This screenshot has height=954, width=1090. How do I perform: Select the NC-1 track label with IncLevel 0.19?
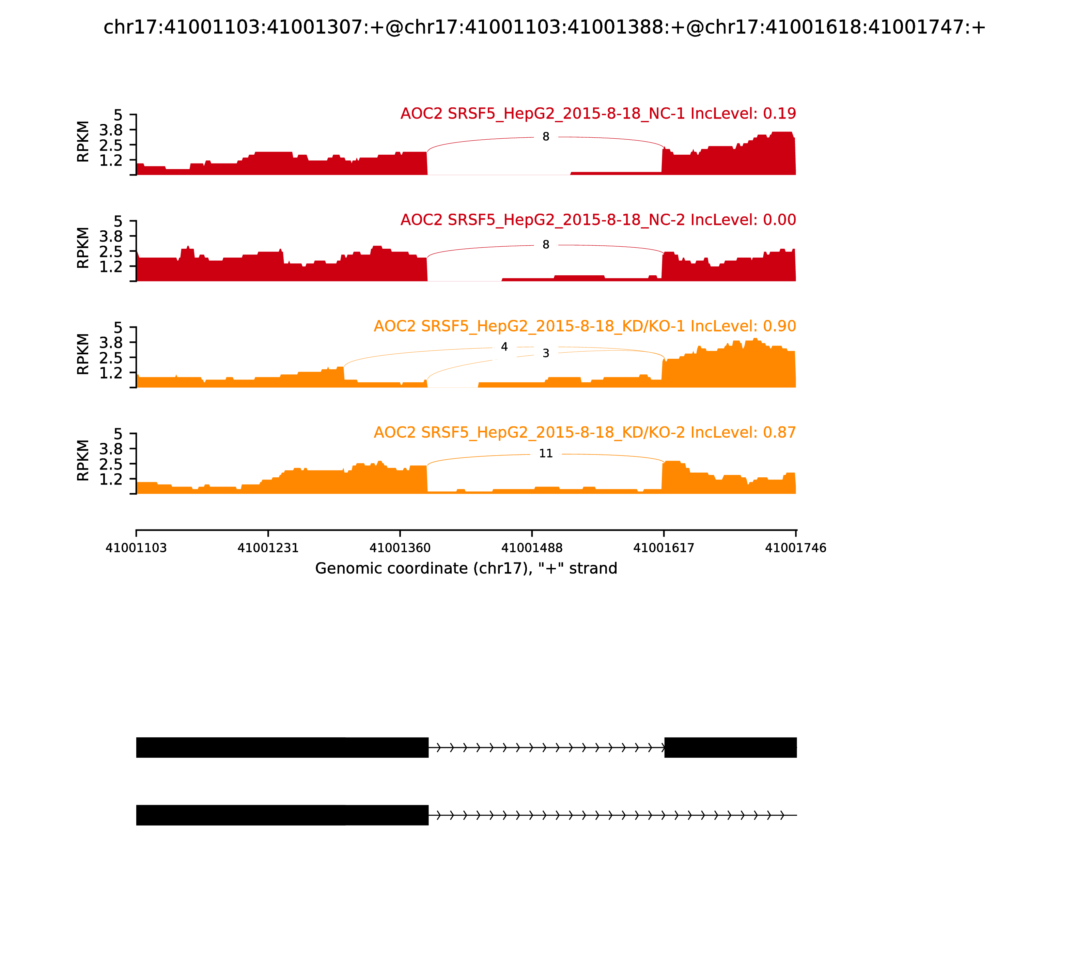[x=598, y=113]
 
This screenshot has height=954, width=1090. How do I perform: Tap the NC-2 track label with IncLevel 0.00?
[x=598, y=220]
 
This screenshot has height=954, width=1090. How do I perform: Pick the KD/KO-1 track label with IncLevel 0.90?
[x=585, y=326]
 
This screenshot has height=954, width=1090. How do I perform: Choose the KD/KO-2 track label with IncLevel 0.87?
[x=585, y=432]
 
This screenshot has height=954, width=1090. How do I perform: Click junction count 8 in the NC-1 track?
[x=546, y=137]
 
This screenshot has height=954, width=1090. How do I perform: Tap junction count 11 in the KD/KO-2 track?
[x=546, y=453]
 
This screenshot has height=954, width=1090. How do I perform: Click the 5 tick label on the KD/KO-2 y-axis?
[x=118, y=434]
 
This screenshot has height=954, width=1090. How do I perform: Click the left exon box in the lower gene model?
[x=282, y=815]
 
